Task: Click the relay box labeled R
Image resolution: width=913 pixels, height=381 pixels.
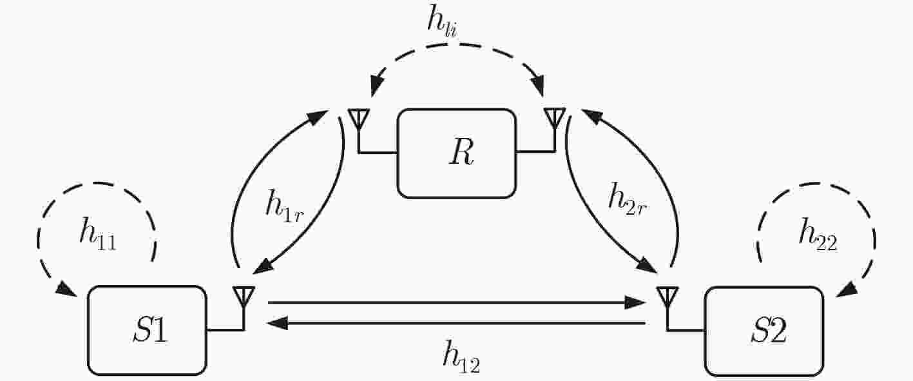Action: [x=456, y=153]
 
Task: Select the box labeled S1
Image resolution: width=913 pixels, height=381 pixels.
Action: [x=147, y=331]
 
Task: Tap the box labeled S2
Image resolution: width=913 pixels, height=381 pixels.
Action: [x=764, y=331]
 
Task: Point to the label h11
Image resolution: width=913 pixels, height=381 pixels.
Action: [x=98, y=234]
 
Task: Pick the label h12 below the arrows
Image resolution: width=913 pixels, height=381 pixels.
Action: [x=461, y=357]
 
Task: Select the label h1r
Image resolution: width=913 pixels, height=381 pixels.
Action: [x=285, y=206]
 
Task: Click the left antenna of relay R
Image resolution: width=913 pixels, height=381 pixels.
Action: [x=359, y=119]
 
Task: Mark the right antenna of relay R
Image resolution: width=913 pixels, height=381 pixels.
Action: [x=555, y=119]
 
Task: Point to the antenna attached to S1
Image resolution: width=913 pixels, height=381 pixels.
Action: [x=244, y=297]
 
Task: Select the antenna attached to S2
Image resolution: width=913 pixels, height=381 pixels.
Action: [x=668, y=297]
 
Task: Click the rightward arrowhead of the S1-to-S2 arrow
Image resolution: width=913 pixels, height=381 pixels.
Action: [x=635, y=303]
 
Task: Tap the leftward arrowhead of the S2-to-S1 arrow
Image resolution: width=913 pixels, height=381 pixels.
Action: [x=278, y=324]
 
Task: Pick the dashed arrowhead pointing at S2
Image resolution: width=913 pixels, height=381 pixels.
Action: [x=847, y=289]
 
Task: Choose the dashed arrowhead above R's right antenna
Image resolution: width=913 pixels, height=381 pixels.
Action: [x=537, y=86]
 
